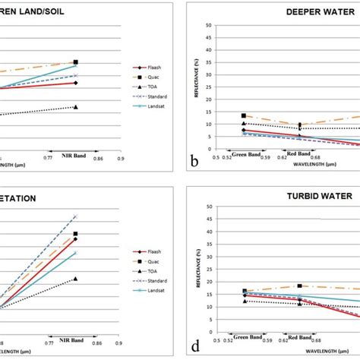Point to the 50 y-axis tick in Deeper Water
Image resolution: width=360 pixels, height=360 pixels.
(x=207, y=25)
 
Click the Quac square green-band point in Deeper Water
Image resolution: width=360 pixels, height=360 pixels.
(x=243, y=115)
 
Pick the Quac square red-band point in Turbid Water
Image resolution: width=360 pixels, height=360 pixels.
(x=300, y=286)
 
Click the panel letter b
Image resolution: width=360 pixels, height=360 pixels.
(x=195, y=162)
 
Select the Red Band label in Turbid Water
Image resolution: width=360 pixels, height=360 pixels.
(x=299, y=335)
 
